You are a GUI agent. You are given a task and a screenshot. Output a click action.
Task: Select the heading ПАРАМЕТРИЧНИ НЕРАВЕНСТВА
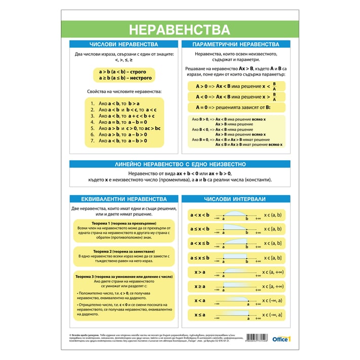[x=236, y=45]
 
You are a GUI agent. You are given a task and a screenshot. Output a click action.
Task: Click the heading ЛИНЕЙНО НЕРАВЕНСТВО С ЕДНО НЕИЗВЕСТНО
[x=180, y=164]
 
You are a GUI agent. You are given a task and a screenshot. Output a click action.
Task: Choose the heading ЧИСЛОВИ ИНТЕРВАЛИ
[x=236, y=199]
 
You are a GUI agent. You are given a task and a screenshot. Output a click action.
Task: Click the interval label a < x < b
[x=199, y=215]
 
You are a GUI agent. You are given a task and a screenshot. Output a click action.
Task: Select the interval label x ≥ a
[x=199, y=286]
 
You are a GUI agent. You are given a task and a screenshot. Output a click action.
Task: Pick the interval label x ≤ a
[x=199, y=315]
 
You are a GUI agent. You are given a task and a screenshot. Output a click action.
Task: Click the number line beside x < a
[x=236, y=301]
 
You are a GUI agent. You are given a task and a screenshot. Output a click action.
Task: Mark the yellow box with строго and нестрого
[x=125, y=75]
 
